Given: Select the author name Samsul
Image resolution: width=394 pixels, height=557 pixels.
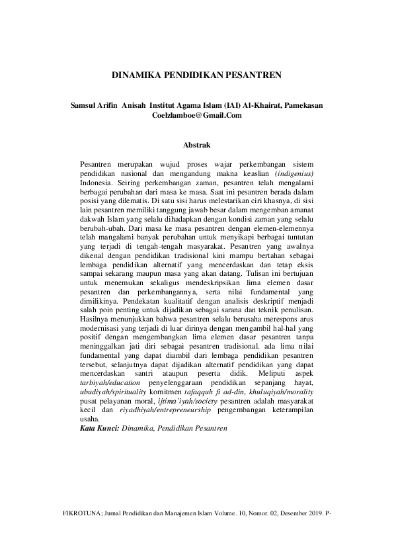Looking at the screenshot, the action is [x=86, y=104].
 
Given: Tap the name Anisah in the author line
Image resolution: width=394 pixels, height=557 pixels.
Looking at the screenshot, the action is [x=134, y=104].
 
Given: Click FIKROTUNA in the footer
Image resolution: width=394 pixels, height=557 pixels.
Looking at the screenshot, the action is [x=81, y=531].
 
